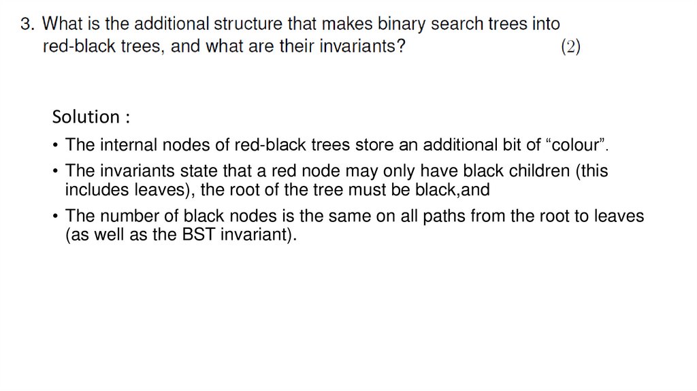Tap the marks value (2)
pos(570,48)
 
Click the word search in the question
pos(455,25)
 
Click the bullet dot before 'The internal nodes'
pos(55,146)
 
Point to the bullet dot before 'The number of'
pos(55,217)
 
